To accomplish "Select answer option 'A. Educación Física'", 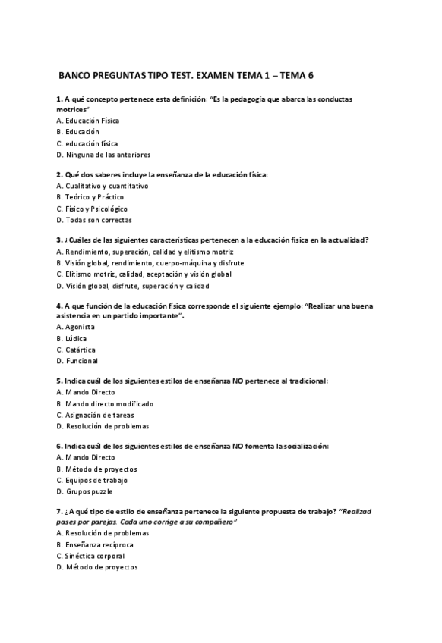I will (x=88, y=121).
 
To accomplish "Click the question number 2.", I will (x=59, y=174).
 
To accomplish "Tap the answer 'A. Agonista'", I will (x=76, y=327).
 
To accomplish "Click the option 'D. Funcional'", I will (x=77, y=361).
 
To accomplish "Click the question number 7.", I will (x=59, y=511).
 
